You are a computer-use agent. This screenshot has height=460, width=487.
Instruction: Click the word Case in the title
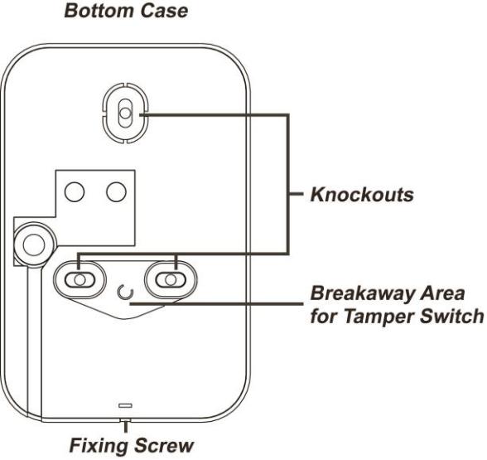164,10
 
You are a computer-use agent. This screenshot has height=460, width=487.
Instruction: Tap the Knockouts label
362,195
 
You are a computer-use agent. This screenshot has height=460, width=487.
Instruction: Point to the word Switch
451,316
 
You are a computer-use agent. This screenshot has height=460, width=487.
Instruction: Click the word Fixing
99,446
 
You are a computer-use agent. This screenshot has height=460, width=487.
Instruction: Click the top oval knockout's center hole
125,113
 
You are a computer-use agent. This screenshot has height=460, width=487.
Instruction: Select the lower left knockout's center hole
80,280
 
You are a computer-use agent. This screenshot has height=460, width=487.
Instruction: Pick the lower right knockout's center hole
171,280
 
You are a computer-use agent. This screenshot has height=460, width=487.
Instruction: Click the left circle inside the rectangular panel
75,191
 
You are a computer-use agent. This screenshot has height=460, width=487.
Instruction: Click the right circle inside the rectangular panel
116,191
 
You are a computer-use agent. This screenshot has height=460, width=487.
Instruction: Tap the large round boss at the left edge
34,245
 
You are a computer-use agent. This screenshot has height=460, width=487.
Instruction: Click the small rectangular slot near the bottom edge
126,405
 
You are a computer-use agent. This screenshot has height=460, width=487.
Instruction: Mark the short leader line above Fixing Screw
126,426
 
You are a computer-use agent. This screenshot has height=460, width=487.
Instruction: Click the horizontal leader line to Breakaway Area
216,303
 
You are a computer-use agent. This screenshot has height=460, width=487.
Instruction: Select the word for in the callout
324,316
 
